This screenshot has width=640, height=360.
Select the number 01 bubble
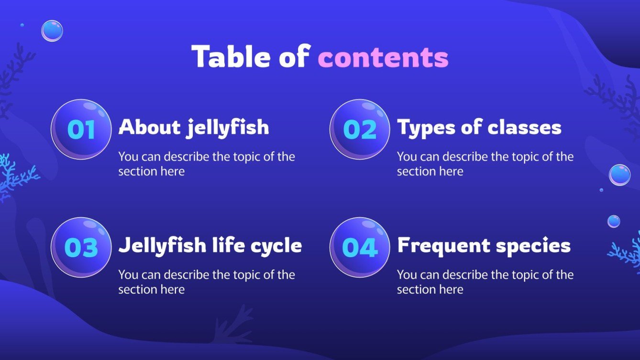point(81,129)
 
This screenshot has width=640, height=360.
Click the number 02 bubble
point(360,129)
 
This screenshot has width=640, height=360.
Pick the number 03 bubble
point(81,247)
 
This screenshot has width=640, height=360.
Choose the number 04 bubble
point(360,247)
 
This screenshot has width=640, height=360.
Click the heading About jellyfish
point(193,128)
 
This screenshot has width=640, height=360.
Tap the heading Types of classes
point(479,128)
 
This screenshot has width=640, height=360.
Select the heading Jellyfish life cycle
point(210,246)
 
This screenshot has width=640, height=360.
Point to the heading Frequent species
point(484,246)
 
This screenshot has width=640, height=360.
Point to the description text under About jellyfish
point(207,164)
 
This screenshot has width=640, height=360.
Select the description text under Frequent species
point(485,282)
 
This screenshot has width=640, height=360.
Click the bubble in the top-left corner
point(52,31)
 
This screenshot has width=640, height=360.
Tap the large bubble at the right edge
point(619,175)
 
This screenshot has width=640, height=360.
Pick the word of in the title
point(293,57)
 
